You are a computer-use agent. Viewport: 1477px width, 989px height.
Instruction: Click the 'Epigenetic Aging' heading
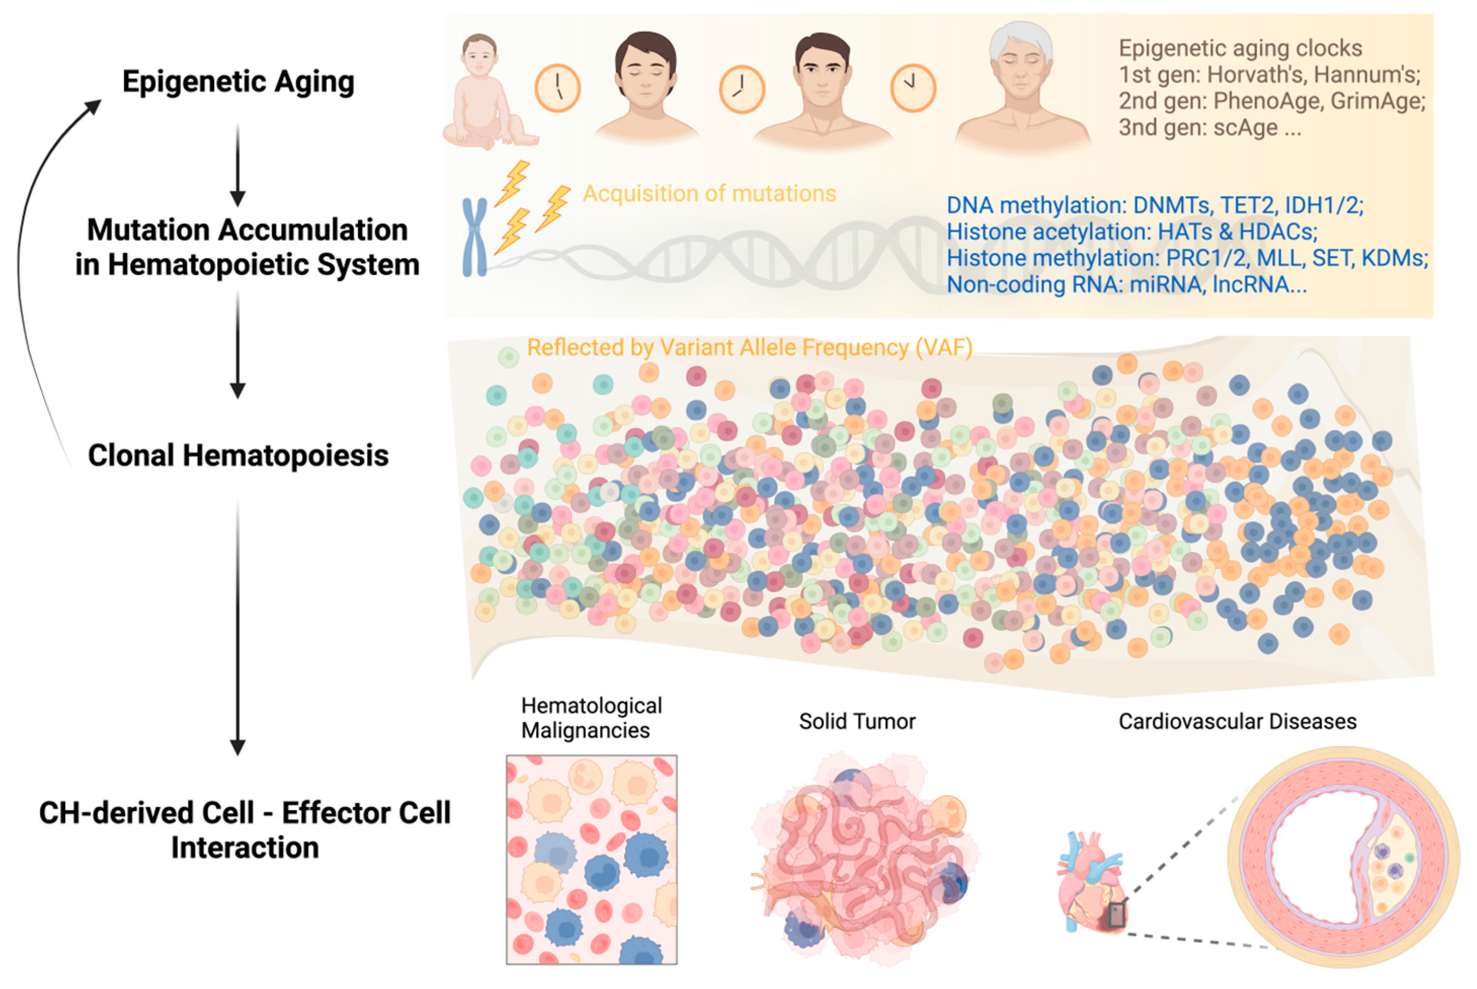pyautogui.click(x=238, y=82)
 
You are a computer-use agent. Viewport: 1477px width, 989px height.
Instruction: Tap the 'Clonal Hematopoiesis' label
pyautogui.click(x=238, y=455)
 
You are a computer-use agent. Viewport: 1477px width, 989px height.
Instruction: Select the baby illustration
pyautogui.click(x=489, y=92)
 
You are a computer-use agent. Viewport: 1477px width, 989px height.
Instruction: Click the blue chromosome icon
pyautogui.click(x=474, y=237)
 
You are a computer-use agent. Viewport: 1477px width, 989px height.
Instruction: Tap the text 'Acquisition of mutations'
pyautogui.click(x=709, y=194)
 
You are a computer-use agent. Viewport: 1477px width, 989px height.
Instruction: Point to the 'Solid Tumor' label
pyautogui.click(x=857, y=721)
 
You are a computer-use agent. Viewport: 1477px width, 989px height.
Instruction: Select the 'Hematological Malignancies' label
pyautogui.click(x=591, y=718)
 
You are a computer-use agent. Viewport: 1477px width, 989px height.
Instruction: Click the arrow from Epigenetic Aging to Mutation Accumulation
pyautogui.click(x=238, y=165)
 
